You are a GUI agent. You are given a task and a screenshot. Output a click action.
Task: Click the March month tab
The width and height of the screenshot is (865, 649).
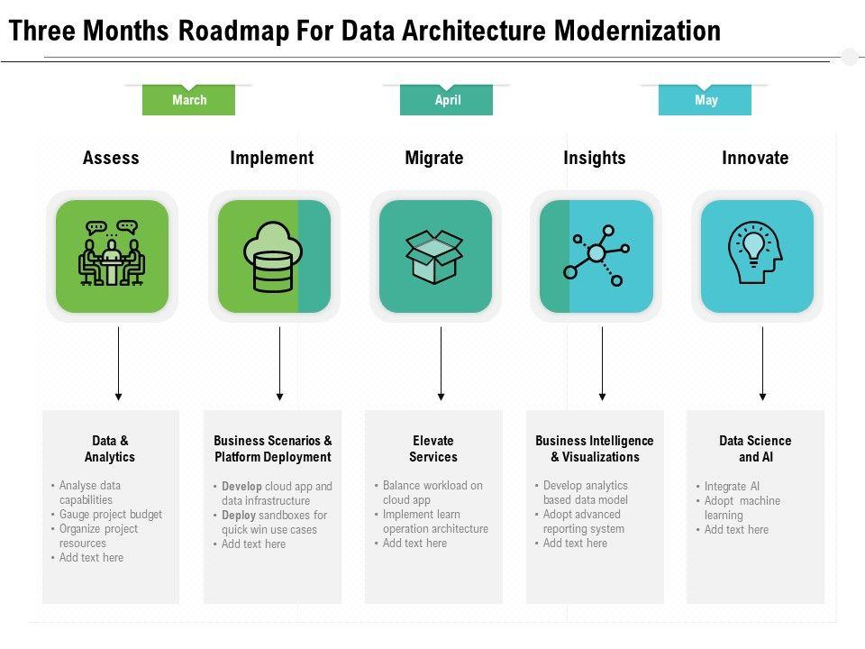pyautogui.click(x=188, y=100)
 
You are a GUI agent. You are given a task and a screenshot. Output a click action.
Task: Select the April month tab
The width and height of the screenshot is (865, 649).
pyautogui.click(x=447, y=100)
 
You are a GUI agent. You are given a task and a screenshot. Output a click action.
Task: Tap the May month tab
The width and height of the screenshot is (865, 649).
pyautogui.click(x=706, y=100)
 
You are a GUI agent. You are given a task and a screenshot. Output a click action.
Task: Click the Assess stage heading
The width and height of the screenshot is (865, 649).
pyautogui.click(x=111, y=158)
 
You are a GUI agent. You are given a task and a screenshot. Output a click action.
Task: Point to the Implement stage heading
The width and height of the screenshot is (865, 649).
pyautogui.click(x=271, y=158)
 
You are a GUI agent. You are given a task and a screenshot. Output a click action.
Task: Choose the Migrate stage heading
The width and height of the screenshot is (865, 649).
pyautogui.click(x=433, y=158)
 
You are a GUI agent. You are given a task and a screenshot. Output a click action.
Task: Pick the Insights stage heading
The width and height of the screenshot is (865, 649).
pyautogui.click(x=594, y=158)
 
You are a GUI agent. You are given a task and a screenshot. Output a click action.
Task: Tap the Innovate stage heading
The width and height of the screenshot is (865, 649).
pyautogui.click(x=755, y=158)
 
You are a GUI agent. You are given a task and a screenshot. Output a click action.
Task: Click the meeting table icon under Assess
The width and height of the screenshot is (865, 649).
pyautogui.click(x=112, y=256)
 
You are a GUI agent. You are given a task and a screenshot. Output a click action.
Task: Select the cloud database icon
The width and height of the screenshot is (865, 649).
pyautogui.click(x=273, y=256)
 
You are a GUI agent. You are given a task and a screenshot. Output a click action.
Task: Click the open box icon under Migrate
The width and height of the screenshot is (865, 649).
pyautogui.click(x=434, y=256)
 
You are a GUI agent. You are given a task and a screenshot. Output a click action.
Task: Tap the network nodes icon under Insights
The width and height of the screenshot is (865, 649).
pyautogui.click(x=596, y=256)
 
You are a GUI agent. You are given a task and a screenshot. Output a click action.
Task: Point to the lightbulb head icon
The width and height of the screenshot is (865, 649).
pyautogui.click(x=756, y=256)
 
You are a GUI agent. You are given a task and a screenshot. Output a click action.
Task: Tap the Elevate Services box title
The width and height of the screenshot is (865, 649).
pyautogui.click(x=433, y=449)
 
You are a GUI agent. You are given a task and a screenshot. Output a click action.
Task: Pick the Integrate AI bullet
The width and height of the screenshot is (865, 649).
pyautogui.click(x=732, y=486)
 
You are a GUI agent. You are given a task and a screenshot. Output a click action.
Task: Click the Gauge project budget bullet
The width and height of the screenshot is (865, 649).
pyautogui.click(x=111, y=515)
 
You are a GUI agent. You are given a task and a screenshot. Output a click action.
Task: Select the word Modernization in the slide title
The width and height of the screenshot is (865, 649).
pyautogui.click(x=637, y=31)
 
